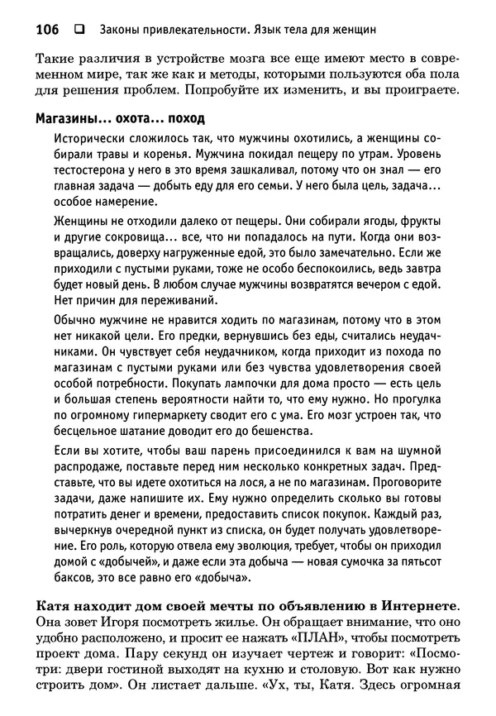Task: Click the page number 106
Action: (x=47, y=30)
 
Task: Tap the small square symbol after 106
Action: (x=79, y=30)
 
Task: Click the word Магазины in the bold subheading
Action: (x=67, y=117)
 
